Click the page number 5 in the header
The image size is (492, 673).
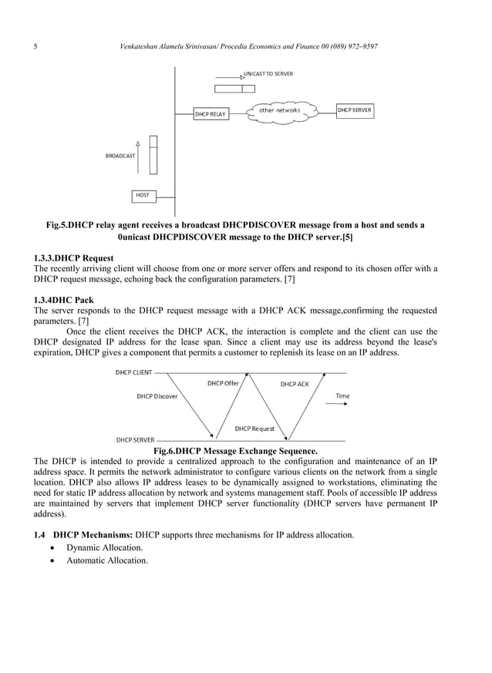coord(36,48)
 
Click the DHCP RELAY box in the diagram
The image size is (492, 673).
coord(211,114)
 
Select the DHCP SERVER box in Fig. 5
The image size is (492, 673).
coord(355,110)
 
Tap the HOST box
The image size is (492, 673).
coord(143,195)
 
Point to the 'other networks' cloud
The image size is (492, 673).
coord(279,111)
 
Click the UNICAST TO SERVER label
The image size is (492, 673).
coord(268,73)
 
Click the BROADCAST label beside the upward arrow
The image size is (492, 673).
coord(120,156)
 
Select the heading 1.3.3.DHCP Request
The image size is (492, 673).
coord(74,257)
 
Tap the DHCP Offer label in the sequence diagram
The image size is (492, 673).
coord(223,383)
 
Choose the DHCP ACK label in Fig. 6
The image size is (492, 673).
coord(295,384)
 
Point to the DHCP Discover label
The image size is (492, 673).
coord(157,396)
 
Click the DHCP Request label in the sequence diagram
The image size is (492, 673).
coord(254,428)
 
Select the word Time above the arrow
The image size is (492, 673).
coord(342,396)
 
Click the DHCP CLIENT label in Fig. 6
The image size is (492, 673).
coord(133,372)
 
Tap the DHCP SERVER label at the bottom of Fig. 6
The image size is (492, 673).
coord(134,439)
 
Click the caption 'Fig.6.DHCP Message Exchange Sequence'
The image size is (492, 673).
coord(235,450)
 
